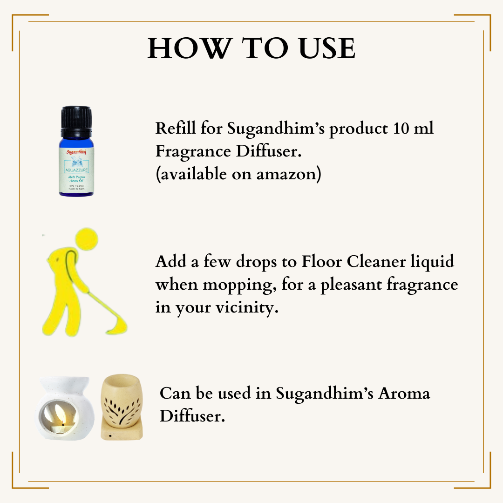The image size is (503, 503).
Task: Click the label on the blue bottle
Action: click(x=76, y=170)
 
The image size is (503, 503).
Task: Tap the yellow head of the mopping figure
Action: click(x=88, y=239)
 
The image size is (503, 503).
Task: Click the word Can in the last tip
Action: click(x=174, y=394)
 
